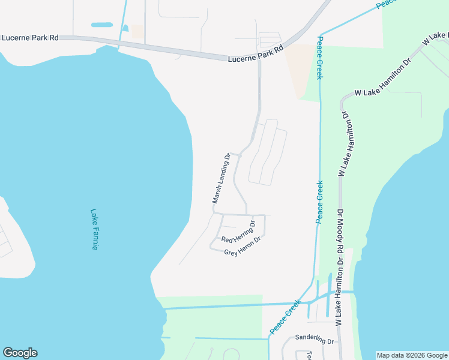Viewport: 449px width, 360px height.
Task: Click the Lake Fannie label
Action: click(94, 229)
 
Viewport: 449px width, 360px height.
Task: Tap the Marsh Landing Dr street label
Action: click(221, 179)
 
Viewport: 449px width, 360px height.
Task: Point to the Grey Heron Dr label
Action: click(243, 246)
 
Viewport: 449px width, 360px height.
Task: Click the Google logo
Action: click(20, 353)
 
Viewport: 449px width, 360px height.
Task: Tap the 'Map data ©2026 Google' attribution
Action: click(412, 355)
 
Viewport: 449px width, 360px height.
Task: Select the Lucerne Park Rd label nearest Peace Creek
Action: click(255, 55)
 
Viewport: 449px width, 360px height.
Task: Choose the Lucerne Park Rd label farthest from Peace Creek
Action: click(30, 37)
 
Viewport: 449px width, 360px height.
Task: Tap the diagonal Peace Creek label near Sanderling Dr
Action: click(285, 317)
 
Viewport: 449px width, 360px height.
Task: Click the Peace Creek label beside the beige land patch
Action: click(321, 58)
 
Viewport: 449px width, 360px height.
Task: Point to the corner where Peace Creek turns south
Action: click(320, 33)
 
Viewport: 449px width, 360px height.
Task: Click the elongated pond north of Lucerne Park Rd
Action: click(101, 25)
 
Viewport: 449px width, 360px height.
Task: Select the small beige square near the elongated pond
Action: click(138, 32)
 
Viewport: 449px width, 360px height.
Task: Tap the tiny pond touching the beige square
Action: click(125, 28)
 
